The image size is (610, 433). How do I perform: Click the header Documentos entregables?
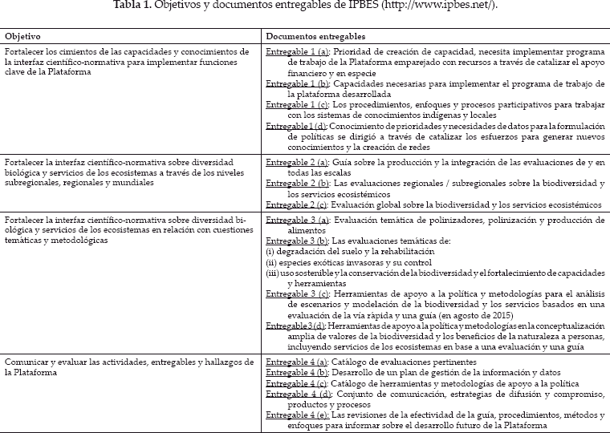(x=316, y=37)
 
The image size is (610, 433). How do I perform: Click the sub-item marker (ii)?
(x=271, y=262)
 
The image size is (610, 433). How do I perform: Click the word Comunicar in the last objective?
(x=23, y=362)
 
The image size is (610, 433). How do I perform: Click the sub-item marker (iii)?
(x=273, y=273)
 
